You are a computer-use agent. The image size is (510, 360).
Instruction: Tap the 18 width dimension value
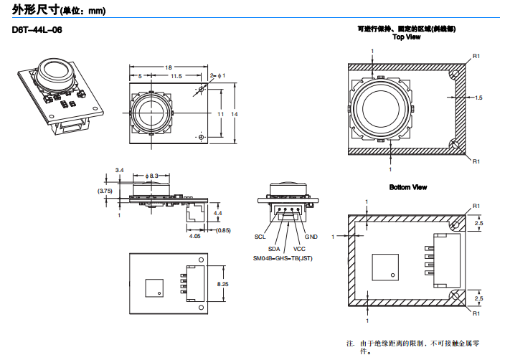point(169,67)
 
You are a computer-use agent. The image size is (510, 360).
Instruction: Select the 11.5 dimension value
point(176,75)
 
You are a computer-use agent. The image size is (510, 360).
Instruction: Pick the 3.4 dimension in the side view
point(119,170)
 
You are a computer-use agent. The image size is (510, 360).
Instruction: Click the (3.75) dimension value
point(105,191)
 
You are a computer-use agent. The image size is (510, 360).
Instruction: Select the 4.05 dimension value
point(194,235)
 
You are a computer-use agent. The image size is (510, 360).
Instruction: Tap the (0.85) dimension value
point(224,230)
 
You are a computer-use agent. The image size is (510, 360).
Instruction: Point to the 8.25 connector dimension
point(223,284)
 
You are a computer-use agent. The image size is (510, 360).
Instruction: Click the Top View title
point(407,37)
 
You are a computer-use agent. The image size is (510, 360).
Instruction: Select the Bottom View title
point(408,187)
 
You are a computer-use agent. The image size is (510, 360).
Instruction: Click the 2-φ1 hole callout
point(218,75)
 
